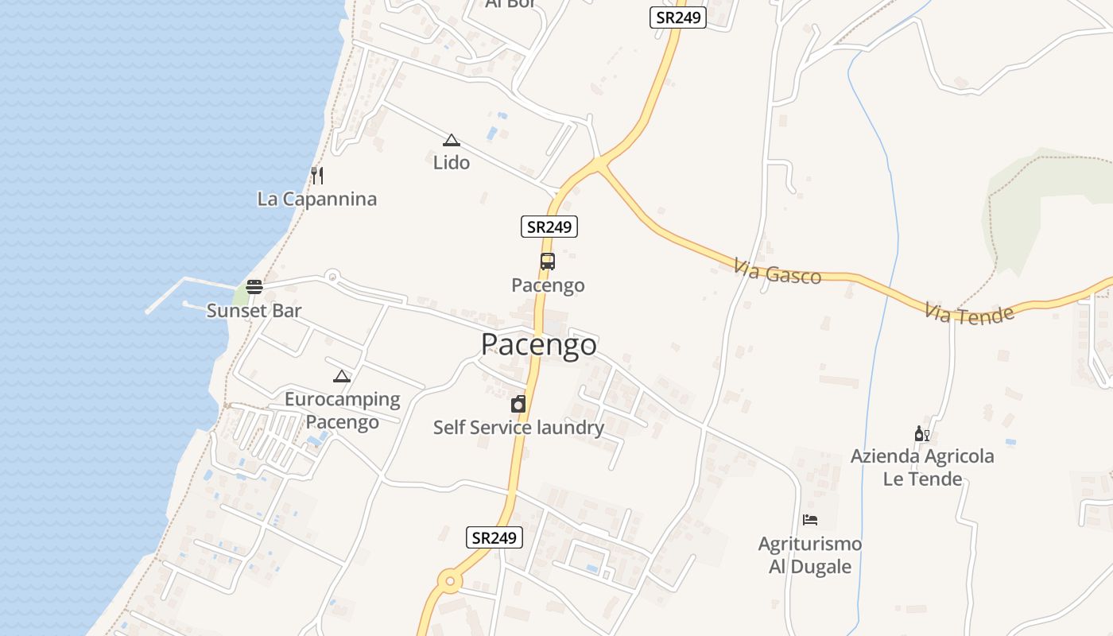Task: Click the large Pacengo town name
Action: (539, 344)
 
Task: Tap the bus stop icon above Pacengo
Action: (547, 261)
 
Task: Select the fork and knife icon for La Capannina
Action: (317, 176)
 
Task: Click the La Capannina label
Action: (316, 199)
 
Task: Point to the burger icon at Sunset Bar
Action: (254, 287)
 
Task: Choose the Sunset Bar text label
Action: (254, 310)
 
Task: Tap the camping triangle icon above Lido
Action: (452, 141)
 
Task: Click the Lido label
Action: (452, 162)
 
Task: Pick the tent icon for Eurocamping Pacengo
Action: (342, 376)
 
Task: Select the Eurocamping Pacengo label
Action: (343, 410)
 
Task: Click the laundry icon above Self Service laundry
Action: (518, 404)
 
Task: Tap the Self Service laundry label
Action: (518, 428)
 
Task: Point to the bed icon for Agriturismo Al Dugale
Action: (810, 520)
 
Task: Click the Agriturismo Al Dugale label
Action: (810, 555)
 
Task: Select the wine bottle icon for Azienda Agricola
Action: (921, 434)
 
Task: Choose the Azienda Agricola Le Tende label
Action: (922, 467)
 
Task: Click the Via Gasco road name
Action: (778, 271)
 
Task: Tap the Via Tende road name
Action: (969, 312)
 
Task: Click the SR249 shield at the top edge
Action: (678, 17)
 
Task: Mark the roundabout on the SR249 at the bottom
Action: (450, 581)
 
